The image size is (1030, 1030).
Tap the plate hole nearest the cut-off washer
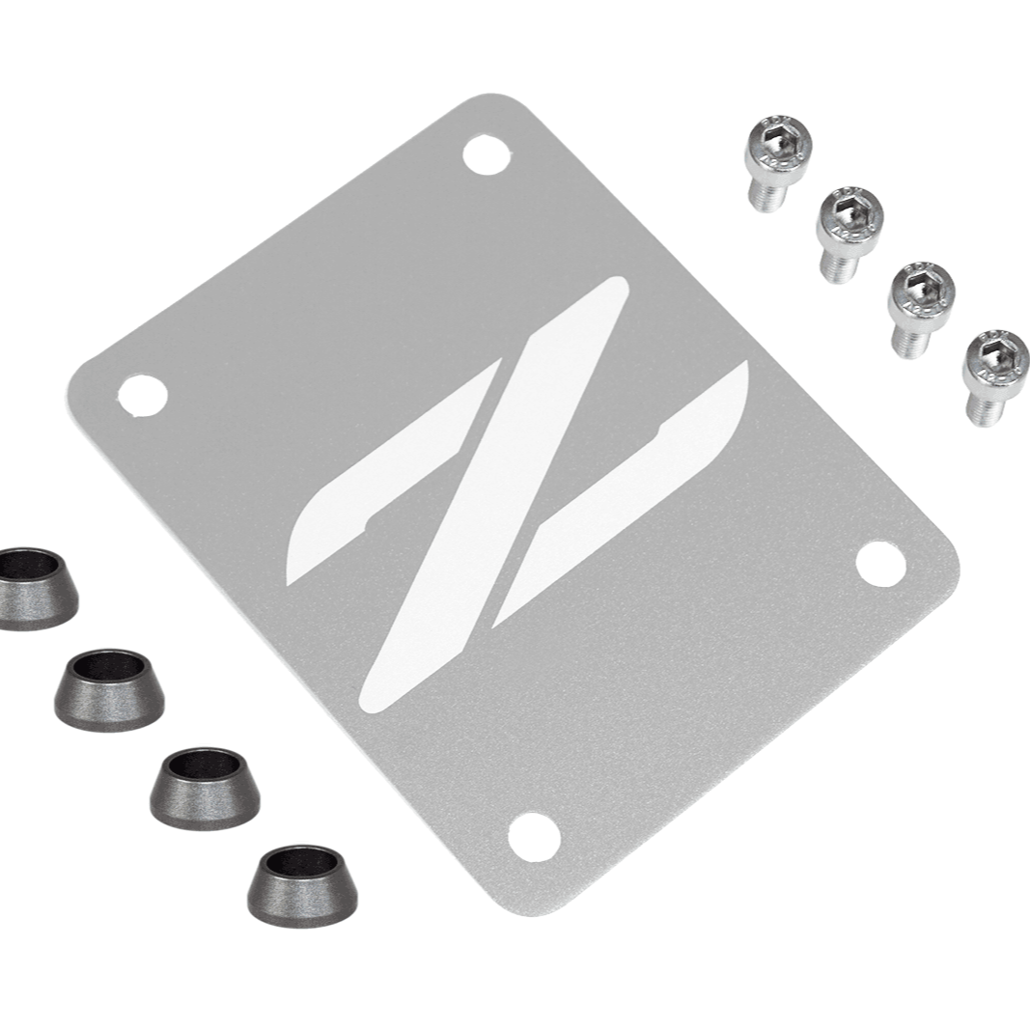142,395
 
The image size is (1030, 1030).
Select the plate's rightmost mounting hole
880,564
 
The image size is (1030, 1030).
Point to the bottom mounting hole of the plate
533,836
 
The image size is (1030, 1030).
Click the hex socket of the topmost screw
778,143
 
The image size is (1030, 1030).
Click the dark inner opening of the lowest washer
300,861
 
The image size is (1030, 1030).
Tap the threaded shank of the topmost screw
766,195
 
